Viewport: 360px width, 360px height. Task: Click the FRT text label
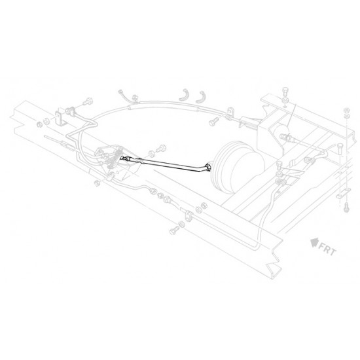click(327, 249)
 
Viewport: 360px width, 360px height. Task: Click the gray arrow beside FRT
click(314, 242)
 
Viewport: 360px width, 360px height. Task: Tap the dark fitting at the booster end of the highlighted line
click(208, 167)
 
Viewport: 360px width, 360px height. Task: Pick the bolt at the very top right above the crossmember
click(285, 92)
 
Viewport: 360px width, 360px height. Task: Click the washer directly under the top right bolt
click(285, 101)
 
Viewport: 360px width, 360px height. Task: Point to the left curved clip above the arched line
click(185, 95)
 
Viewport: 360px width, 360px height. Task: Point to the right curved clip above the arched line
click(200, 97)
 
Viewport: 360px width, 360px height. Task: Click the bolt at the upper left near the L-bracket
click(88, 101)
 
